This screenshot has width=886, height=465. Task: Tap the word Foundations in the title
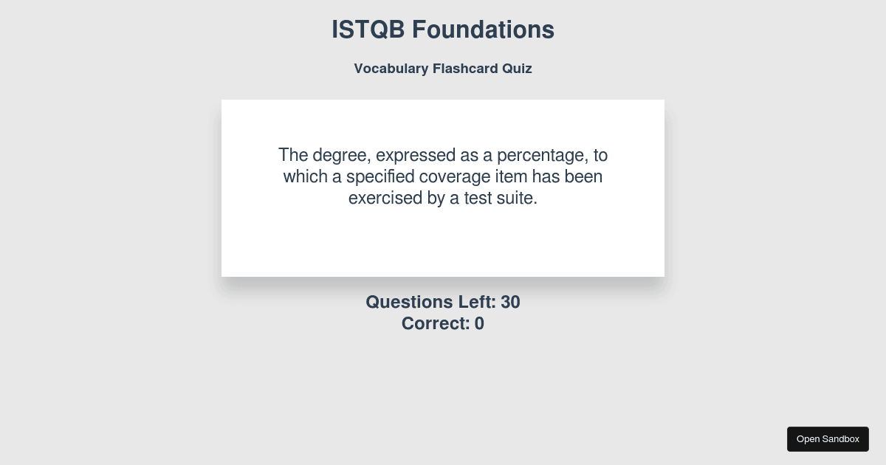483,30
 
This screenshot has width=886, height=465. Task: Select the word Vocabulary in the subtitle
391,69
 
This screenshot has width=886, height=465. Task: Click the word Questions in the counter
409,302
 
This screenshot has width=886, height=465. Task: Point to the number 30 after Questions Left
510,302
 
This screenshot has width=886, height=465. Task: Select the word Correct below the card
436,323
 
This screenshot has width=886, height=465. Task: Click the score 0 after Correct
479,323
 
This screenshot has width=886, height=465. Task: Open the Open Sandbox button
828,439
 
